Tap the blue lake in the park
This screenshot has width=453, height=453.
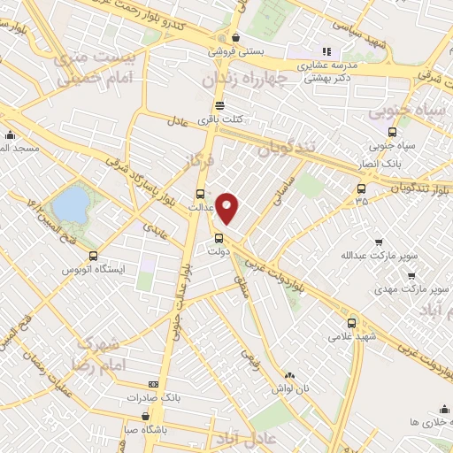point(70,205)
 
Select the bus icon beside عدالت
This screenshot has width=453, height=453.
point(199,194)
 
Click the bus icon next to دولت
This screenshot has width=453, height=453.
point(219,237)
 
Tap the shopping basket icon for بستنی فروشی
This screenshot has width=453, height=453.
point(235,38)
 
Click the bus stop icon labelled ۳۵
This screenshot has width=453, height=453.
point(361,188)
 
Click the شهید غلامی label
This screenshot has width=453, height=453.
point(352,337)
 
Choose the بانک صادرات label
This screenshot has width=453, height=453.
point(153,398)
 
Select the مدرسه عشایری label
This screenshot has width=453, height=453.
point(326,65)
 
